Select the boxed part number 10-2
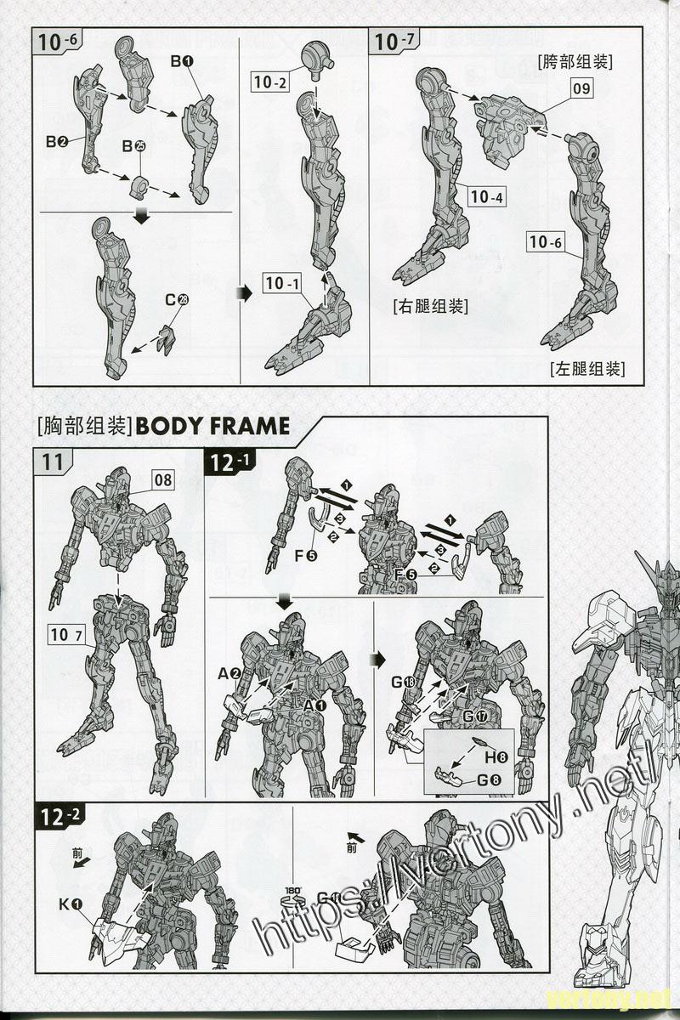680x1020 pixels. pos(270,82)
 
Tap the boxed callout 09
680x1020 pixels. pos(581,88)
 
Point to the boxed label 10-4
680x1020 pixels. pos(486,197)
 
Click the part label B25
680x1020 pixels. pos(134,146)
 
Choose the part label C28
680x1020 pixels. pos(177,300)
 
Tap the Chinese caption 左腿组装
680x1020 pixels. pos(587,368)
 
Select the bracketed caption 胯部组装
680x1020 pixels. pos(575,61)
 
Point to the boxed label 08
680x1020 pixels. pos(162,480)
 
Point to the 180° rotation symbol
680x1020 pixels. pos(290,899)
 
